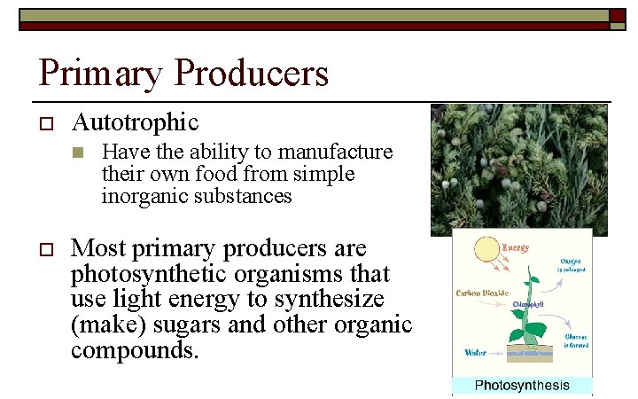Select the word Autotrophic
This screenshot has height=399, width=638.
(x=135, y=121)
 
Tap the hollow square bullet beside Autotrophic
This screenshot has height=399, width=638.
(x=47, y=122)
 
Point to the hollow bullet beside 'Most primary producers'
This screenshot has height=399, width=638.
(x=47, y=249)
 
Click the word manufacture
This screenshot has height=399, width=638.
(x=341, y=152)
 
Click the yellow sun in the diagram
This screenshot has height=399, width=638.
(x=487, y=253)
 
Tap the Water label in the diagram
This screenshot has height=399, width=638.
(x=476, y=353)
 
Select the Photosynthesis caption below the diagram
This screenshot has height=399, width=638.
(x=521, y=385)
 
